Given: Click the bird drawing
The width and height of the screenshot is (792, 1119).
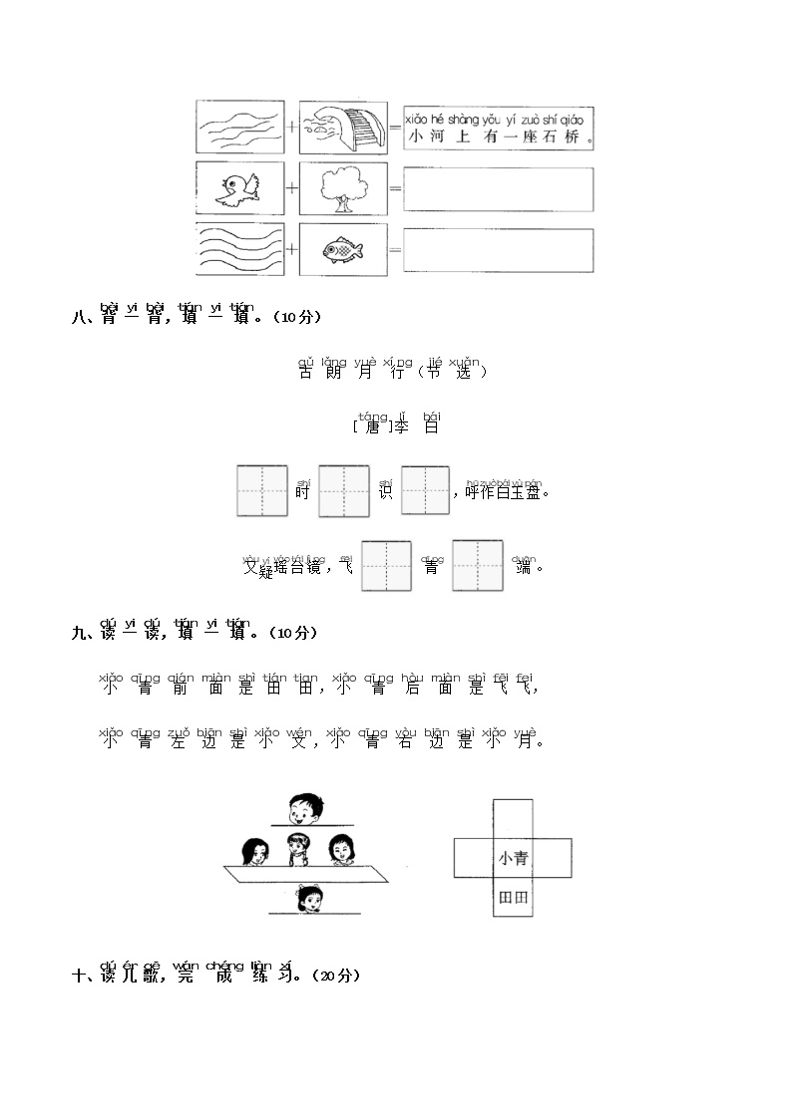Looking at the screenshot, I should click(237, 188).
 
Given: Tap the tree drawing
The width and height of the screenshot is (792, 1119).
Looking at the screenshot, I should click(341, 188).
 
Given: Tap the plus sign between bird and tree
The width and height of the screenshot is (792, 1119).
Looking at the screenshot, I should click(291, 188).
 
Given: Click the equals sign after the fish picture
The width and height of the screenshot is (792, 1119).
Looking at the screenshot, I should click(394, 251).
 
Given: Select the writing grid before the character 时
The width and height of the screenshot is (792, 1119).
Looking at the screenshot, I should click(262, 490).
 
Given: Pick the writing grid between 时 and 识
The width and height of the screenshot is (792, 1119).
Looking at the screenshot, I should click(344, 490).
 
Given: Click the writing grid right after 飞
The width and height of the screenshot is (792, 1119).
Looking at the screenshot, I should click(386, 566).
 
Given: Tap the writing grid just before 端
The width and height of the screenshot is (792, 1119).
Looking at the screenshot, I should click(477, 566).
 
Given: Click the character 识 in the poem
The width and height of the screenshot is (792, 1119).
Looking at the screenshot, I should click(386, 491).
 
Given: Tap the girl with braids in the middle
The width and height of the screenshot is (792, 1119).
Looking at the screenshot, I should click(297, 851).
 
